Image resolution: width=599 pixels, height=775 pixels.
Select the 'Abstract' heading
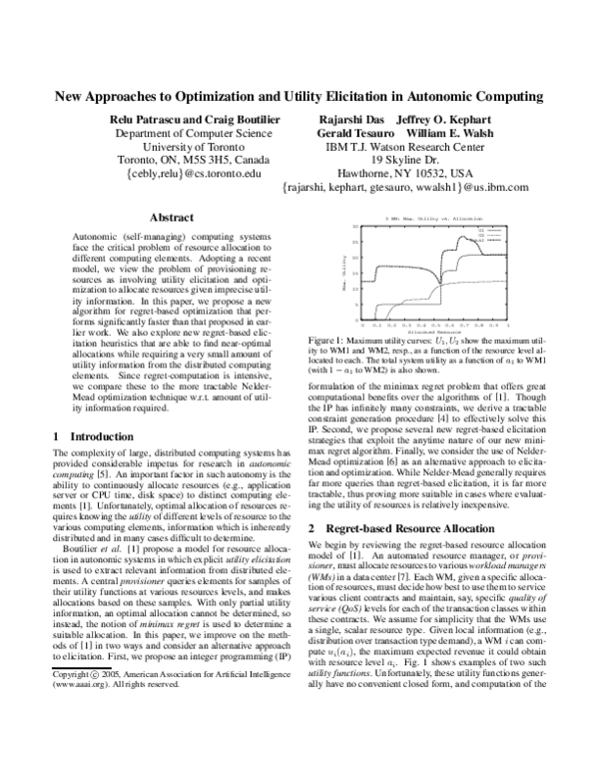point(171,217)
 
